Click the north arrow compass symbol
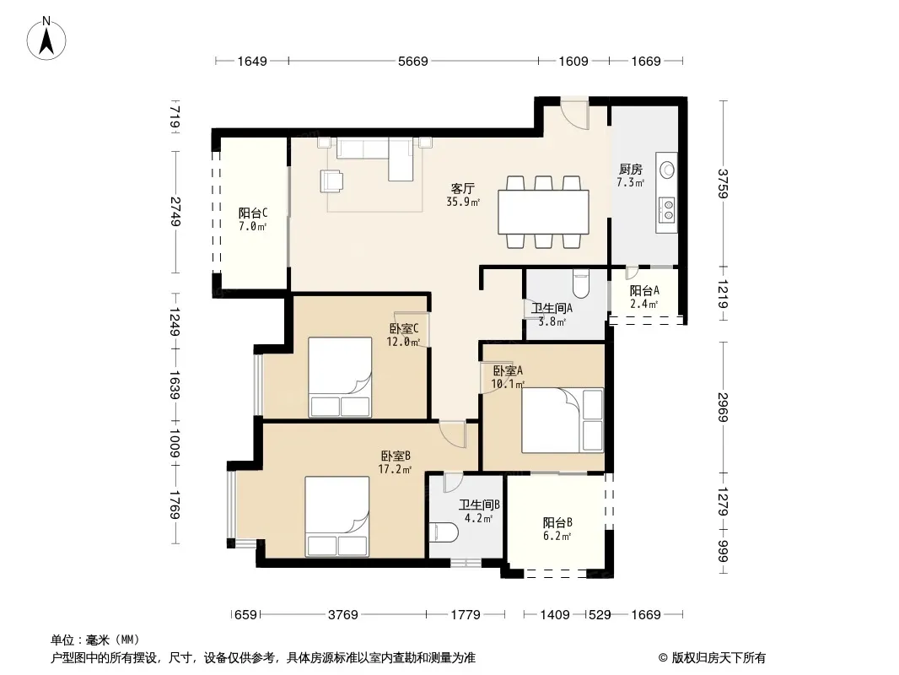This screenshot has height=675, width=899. [46, 39]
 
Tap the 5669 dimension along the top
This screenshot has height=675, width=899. [412, 61]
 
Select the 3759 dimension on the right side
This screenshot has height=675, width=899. [723, 184]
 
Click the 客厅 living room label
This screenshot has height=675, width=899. [463, 188]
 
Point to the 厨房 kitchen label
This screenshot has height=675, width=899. [630, 170]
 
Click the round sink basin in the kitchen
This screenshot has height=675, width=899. [667, 170]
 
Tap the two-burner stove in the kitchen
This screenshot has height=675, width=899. [667, 209]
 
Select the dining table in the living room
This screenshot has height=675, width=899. [543, 212]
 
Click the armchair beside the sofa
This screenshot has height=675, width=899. [332, 181]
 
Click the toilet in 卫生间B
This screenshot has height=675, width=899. [444, 532]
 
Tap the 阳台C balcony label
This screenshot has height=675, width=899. [253, 213]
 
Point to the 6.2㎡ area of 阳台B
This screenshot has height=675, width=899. [557, 537]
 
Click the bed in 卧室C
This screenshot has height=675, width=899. [340, 377]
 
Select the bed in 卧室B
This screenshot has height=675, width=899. [337, 516]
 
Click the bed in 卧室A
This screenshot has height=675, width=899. [563, 420]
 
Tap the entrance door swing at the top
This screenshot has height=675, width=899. [575, 115]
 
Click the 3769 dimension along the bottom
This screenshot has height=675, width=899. [343, 615]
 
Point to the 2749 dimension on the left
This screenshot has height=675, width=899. [175, 212]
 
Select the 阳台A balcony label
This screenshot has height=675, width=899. [644, 291]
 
